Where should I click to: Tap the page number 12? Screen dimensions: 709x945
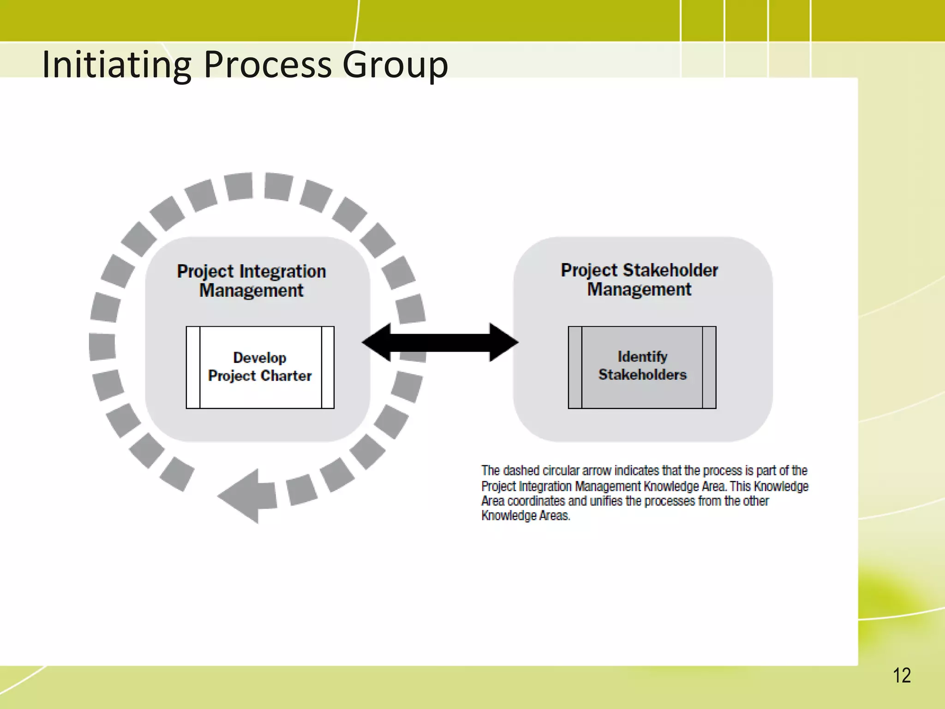coord(901,676)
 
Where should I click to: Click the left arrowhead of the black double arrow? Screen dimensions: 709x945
coord(376,342)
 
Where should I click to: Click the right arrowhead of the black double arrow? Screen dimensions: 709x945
coord(504,342)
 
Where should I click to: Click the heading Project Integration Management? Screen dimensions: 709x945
coord(251,281)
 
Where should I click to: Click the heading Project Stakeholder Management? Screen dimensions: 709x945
coord(639,279)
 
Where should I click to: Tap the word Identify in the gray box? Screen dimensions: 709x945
coord(642,356)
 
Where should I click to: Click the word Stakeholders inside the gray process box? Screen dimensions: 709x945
coord(642,374)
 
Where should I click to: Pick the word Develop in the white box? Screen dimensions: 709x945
coord(260,358)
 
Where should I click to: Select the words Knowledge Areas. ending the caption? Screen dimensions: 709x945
coord(526,516)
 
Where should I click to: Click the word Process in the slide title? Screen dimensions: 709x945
coord(267,65)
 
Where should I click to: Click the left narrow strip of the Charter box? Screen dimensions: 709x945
coord(193,367)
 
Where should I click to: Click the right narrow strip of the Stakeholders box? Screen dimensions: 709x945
coord(709,367)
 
